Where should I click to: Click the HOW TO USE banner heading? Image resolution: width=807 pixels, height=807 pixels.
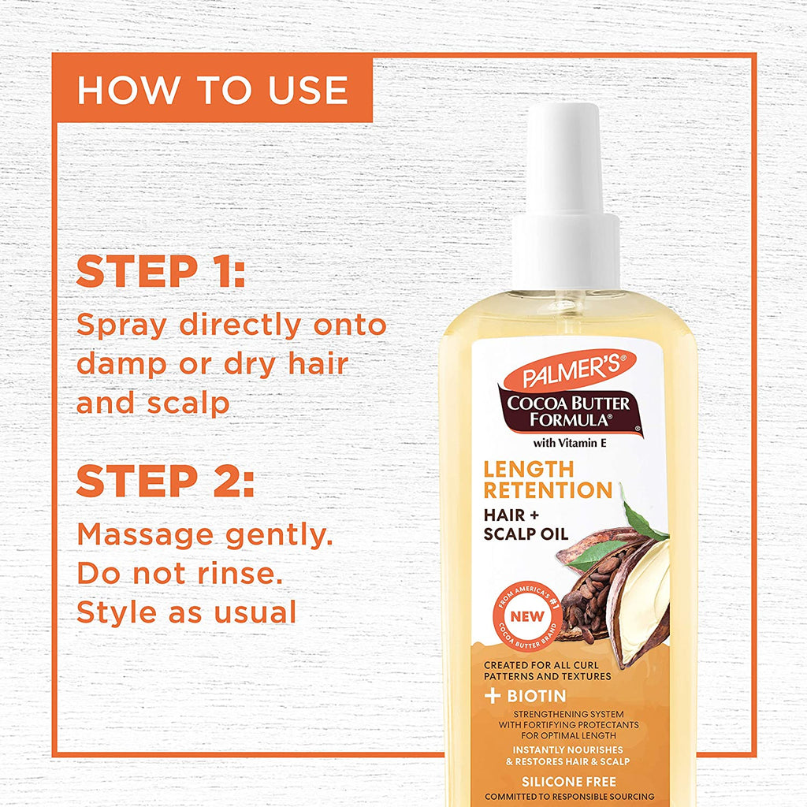click(x=213, y=90)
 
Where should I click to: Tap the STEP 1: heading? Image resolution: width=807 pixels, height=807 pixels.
click(x=161, y=271)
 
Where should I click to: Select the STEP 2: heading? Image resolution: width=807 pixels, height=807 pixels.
click(x=165, y=481)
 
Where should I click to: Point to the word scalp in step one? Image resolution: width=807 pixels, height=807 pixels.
click(x=188, y=403)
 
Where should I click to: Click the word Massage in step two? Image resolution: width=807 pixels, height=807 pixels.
click(x=145, y=536)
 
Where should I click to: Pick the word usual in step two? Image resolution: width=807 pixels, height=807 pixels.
click(x=255, y=612)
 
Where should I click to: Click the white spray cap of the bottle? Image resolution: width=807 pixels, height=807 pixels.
click(x=566, y=197)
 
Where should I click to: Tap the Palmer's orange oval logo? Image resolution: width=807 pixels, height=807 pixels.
click(x=570, y=370)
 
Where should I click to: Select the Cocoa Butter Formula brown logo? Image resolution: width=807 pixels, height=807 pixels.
click(x=570, y=411)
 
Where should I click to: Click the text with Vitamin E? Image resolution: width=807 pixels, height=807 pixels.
click(x=570, y=443)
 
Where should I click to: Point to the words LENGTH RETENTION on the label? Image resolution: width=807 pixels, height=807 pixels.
click(x=548, y=480)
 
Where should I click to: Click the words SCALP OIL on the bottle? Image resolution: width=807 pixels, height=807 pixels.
click(x=526, y=534)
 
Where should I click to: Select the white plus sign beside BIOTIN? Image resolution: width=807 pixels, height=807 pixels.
click(x=493, y=696)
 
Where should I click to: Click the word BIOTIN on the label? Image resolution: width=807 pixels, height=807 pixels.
click(x=536, y=696)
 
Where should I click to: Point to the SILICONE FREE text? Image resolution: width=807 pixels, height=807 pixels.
click(x=569, y=782)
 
